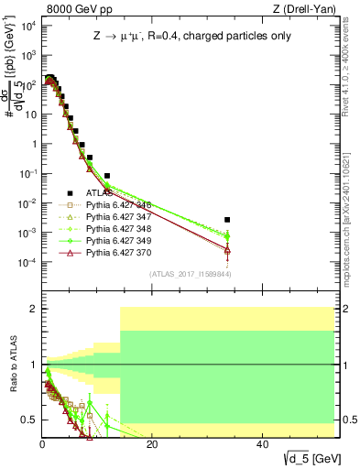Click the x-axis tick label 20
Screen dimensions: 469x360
coord(152,444)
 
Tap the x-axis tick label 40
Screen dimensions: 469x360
coord(262,444)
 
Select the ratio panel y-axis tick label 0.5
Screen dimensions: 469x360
coord(28,420)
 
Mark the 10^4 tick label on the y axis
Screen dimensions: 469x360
coord(27,26)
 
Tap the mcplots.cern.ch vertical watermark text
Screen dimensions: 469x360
coord(353,183)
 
